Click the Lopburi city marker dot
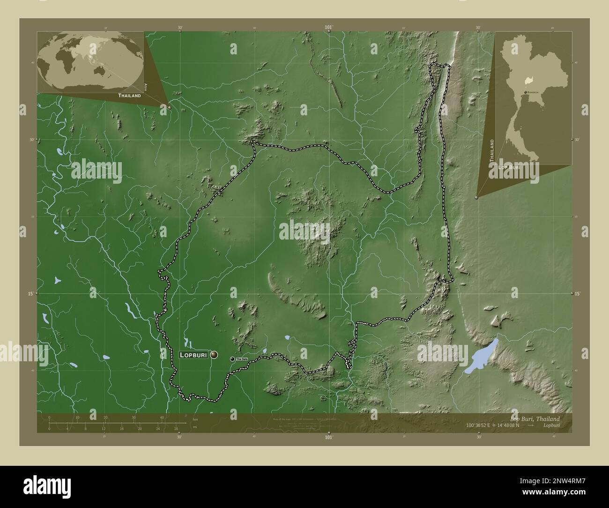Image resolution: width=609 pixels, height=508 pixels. click(x=214, y=355)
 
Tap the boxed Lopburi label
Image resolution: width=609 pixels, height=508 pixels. click(x=193, y=355)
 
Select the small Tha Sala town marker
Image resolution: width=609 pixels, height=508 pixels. click(x=232, y=359)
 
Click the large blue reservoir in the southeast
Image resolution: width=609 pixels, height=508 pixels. click(x=481, y=357)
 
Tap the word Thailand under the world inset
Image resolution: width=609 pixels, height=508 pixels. click(x=129, y=95)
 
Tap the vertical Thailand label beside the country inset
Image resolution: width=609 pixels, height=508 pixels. click(x=491, y=150)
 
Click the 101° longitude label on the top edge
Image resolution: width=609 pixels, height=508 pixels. click(x=329, y=28)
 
